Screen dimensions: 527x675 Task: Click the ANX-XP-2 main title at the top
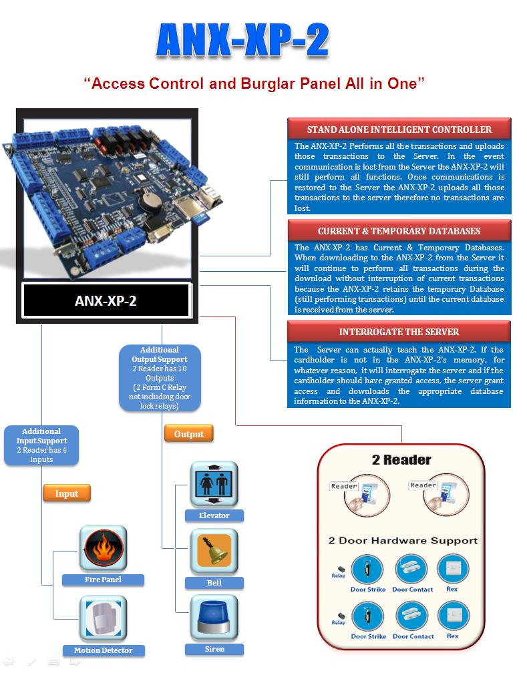pos(243,40)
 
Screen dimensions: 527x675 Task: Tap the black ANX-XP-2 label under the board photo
pos(106,300)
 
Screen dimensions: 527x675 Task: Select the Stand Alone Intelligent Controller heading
pos(399,130)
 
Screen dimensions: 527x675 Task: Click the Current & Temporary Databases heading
pos(399,231)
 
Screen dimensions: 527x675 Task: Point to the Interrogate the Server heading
pos(399,332)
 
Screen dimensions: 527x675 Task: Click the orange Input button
pos(67,493)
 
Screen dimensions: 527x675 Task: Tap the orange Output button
pos(189,434)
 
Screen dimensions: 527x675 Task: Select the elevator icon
pos(214,484)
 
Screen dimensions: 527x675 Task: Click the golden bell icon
pos(214,551)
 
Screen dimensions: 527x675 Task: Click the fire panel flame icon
pos(104,548)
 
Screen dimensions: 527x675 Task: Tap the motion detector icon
pos(104,618)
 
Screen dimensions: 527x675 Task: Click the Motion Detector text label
pos(104,650)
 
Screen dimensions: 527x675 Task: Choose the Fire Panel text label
pos(103,580)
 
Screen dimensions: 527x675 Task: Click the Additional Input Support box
pos(41,445)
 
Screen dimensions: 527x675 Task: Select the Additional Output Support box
pos(160,378)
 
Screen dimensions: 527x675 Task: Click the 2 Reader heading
pos(401,460)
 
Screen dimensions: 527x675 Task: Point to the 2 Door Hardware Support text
pos(403,541)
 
